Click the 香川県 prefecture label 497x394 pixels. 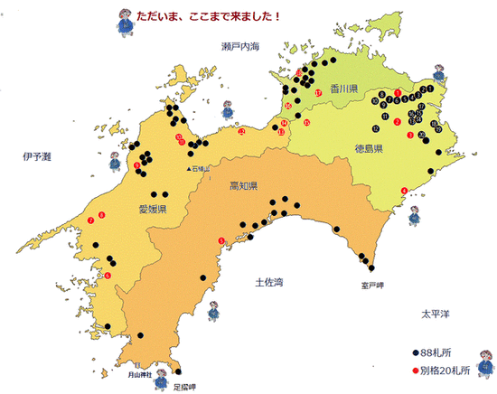(345, 89)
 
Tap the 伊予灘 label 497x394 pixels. (37, 156)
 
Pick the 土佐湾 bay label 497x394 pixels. (269, 281)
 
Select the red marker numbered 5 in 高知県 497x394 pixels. (221, 239)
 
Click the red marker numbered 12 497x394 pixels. (241, 132)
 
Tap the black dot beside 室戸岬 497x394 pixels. (370, 266)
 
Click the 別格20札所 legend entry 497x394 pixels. (440, 370)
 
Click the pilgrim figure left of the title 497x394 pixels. (123, 17)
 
